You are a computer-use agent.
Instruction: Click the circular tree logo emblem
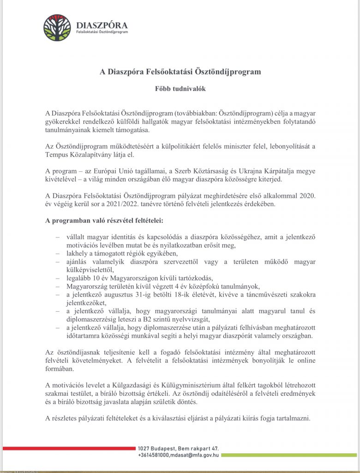click(x=57, y=28)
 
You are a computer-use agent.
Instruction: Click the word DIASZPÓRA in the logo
click(x=102, y=25)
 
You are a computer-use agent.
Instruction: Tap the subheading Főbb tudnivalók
click(x=180, y=88)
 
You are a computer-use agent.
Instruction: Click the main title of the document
click(x=180, y=72)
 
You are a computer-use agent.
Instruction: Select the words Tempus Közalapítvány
click(x=77, y=156)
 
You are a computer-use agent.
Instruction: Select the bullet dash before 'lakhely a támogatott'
click(x=58, y=253)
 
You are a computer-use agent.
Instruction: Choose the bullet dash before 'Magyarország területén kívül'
click(x=58, y=286)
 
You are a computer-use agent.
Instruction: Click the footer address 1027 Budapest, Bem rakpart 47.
click(x=178, y=448)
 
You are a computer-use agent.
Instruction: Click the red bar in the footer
click(x=69, y=448)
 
